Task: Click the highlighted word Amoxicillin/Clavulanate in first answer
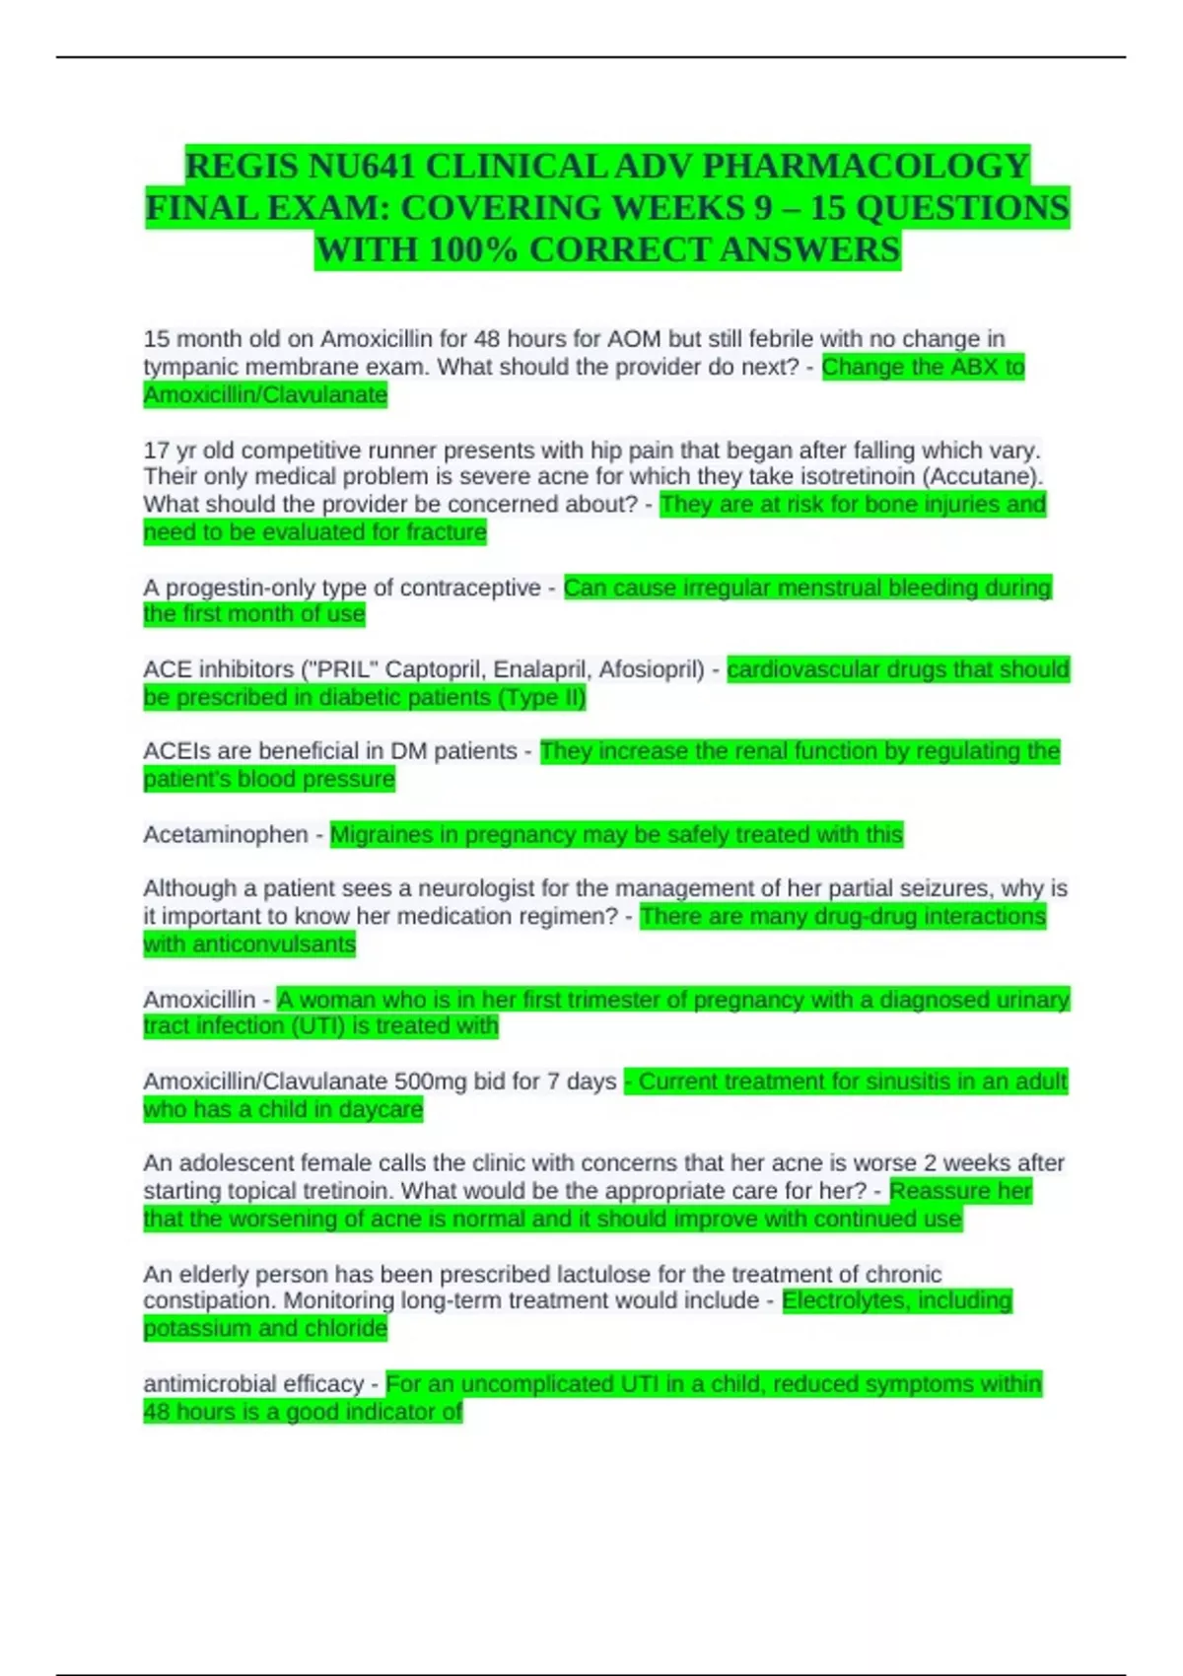(x=265, y=395)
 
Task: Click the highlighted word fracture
(x=447, y=532)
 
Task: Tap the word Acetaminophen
(x=226, y=835)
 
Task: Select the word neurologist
(x=482, y=889)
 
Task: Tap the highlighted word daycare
(x=381, y=1109)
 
